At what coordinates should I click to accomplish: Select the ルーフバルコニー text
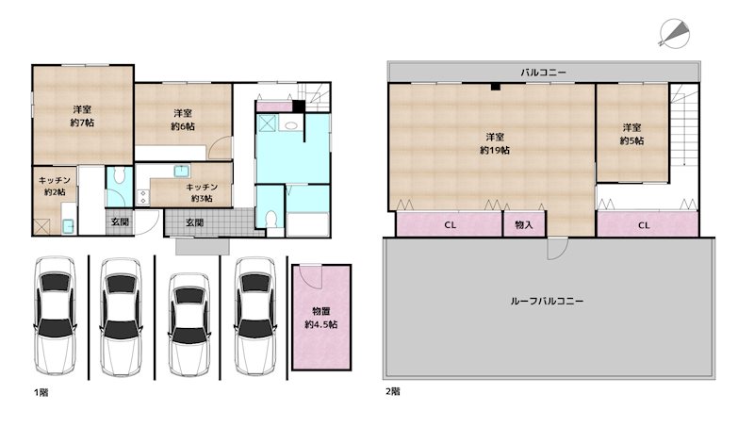[x=547, y=301]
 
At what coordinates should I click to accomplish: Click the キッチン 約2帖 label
[x=54, y=185]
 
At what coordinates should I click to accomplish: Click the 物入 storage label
[x=524, y=225]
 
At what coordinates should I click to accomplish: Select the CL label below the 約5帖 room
[x=644, y=225]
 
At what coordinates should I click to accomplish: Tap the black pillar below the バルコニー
[x=494, y=88]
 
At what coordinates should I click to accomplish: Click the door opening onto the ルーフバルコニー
[x=558, y=247]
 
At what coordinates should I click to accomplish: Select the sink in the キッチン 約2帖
[x=68, y=226]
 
